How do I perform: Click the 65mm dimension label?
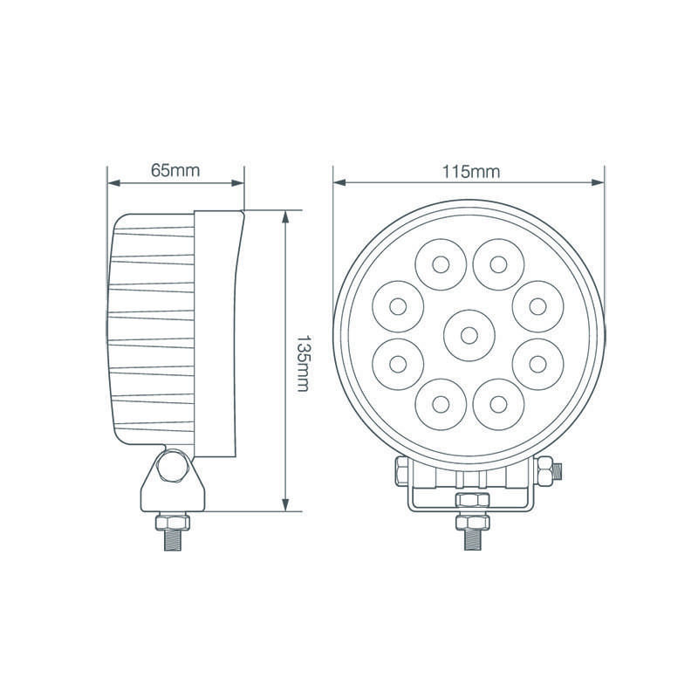175,170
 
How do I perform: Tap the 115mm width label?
470,171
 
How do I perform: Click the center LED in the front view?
469,333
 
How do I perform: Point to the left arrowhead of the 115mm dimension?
339,183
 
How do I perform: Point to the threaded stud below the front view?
469,534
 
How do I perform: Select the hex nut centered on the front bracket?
469,500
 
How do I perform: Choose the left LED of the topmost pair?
440,263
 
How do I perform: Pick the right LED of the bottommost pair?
497,403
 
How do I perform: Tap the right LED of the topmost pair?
498,263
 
